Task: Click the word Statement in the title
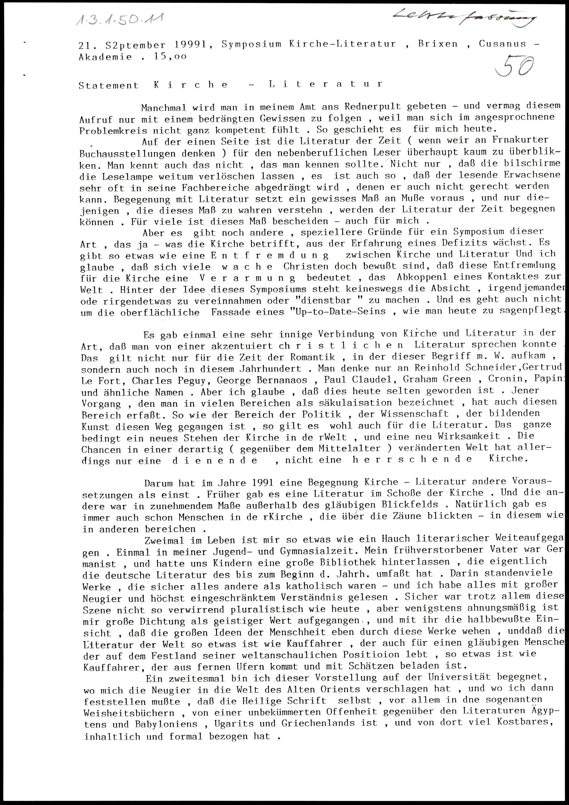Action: coord(109,85)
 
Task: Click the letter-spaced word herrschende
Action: coord(412,459)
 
